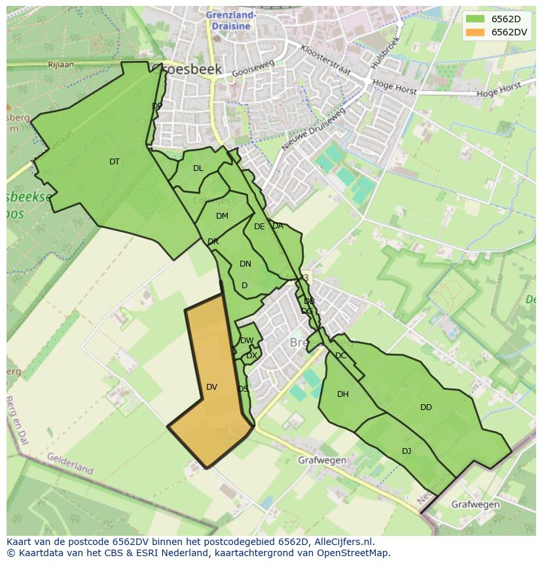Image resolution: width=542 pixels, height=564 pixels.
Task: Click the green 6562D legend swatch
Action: click(475, 19)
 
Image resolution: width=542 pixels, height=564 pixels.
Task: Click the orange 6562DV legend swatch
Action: click(475, 32)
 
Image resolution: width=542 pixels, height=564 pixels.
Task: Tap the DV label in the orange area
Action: click(211, 387)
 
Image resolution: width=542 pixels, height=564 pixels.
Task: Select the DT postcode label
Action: click(115, 162)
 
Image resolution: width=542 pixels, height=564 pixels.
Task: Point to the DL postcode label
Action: click(198, 168)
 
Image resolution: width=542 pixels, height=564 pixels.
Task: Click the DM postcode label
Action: click(222, 216)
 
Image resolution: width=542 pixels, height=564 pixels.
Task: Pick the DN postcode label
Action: click(245, 264)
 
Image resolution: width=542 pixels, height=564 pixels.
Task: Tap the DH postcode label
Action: click(343, 394)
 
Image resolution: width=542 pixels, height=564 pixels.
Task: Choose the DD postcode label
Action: click(426, 407)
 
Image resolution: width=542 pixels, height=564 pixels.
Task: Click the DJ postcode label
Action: click(406, 451)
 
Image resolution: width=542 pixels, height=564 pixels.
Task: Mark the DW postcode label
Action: click(247, 341)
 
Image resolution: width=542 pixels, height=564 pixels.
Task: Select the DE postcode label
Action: click(259, 227)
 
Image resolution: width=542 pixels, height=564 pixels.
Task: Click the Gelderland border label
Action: click(70, 463)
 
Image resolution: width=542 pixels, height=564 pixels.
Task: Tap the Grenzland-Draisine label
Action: click(230, 20)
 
